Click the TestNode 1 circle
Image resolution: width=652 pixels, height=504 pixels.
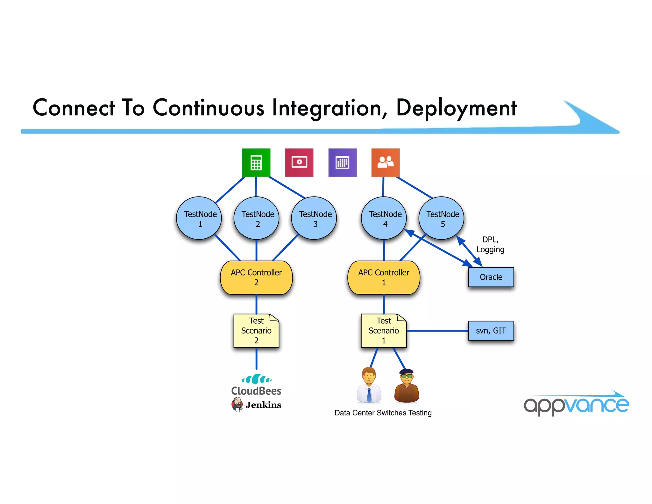199,218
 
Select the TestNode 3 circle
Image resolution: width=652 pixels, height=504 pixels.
314,218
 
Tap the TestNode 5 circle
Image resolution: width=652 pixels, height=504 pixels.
442,218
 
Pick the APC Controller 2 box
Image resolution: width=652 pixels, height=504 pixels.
256,277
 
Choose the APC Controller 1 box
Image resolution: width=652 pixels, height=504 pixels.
384,277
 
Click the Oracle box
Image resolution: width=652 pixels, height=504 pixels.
491,277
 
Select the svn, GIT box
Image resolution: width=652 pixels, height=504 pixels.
491,331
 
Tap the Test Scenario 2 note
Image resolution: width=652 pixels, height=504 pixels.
256,331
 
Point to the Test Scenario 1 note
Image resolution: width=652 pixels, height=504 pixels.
384,331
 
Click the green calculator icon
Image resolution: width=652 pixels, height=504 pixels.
256,162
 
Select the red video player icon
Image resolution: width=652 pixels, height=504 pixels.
299,162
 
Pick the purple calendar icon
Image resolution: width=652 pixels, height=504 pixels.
343,162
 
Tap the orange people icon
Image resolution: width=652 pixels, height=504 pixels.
386,162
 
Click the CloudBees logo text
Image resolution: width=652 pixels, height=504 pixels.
256,391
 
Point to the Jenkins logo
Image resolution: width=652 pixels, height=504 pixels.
257,405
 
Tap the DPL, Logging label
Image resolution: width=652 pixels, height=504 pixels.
490,244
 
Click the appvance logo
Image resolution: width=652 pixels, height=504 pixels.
576,404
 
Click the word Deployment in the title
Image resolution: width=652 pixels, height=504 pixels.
456,108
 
